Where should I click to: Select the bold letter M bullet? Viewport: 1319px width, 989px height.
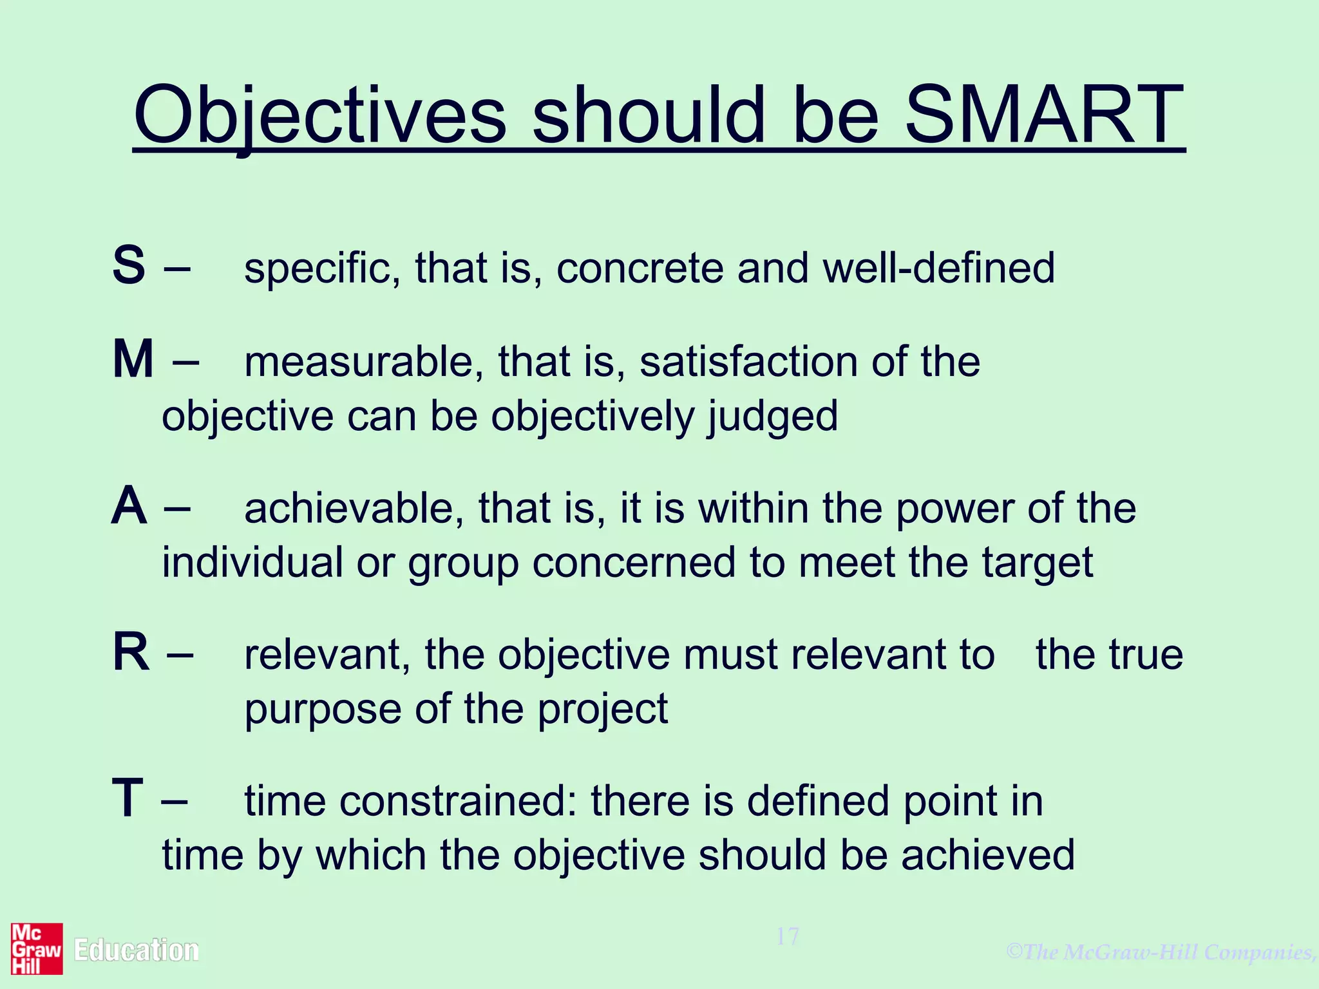pos(133,359)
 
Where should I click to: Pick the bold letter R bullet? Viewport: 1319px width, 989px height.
pos(131,652)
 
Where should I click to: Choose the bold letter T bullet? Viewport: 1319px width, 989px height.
pos(128,798)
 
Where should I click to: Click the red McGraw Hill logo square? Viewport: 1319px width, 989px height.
pos(37,949)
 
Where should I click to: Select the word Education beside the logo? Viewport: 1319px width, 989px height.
pos(136,950)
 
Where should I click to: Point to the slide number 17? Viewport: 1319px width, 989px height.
pos(787,936)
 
